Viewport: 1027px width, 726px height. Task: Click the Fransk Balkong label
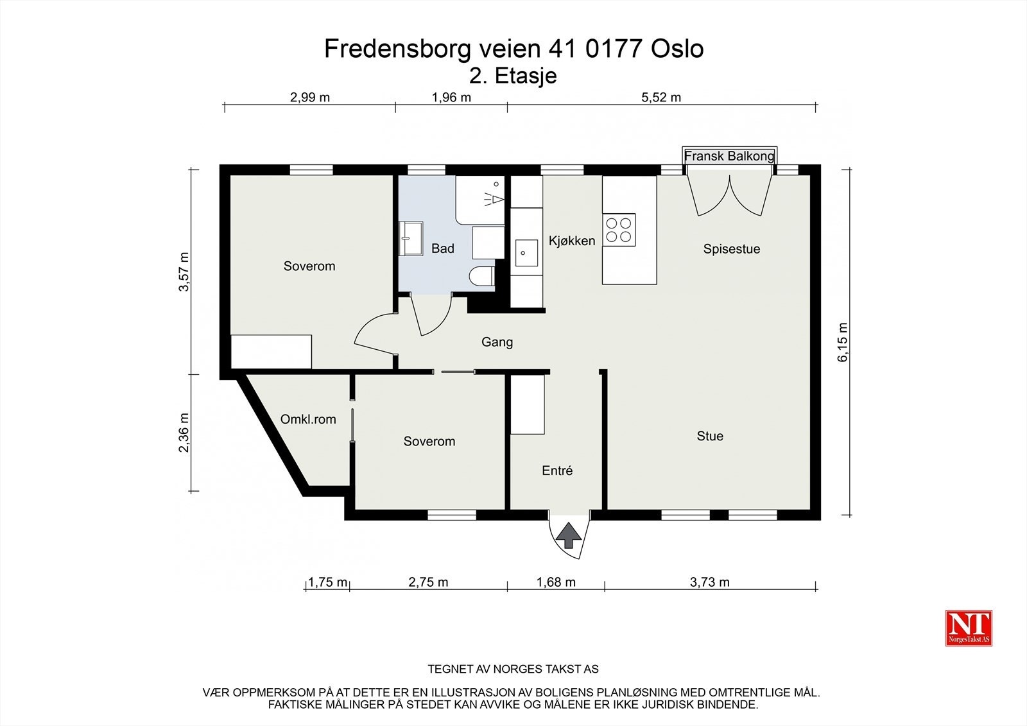tap(729, 156)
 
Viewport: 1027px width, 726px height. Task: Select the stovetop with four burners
tap(619, 230)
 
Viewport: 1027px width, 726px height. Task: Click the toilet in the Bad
tap(481, 277)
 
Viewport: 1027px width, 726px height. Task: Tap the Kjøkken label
tap(571, 241)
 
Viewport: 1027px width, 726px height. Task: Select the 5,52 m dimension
tap(661, 98)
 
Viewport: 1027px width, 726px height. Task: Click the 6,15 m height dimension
tap(843, 342)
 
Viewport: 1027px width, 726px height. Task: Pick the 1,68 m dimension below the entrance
tap(556, 582)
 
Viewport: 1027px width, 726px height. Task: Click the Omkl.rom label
tap(308, 420)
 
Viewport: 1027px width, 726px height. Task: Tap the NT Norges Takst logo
tap(969, 628)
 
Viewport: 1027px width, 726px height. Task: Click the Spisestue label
tap(731, 249)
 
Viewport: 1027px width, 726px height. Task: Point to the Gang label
tap(497, 342)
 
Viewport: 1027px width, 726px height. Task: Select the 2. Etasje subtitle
tap(513, 76)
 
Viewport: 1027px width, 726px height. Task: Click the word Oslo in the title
tap(677, 49)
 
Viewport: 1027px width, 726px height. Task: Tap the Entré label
tap(557, 471)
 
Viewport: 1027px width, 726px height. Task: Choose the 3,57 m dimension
tap(184, 272)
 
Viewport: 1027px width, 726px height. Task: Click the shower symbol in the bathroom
tap(492, 196)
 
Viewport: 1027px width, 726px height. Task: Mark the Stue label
tap(710, 436)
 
